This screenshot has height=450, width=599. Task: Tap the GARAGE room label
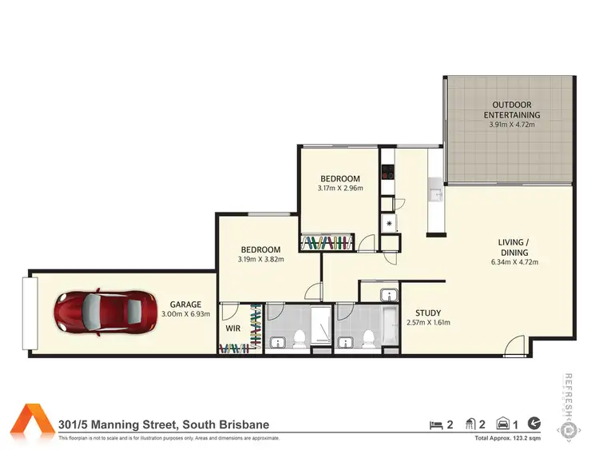click(x=185, y=305)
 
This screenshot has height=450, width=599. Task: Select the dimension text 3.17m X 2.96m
click(x=340, y=189)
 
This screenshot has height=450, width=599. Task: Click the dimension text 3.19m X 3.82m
click(x=261, y=259)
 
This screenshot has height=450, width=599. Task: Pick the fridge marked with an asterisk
click(x=388, y=224)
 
